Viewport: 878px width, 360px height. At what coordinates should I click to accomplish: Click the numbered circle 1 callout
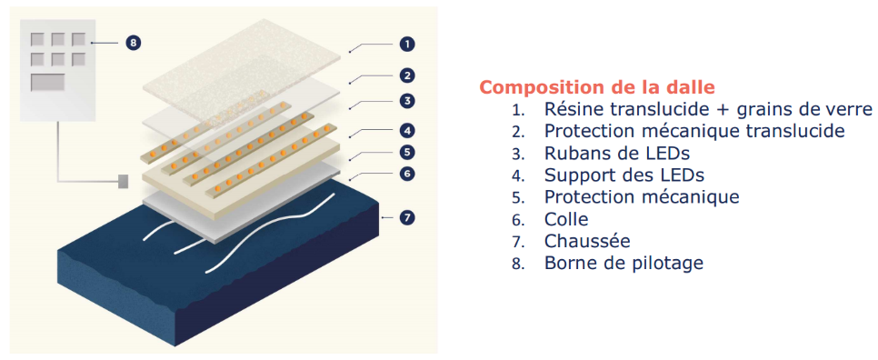click(x=407, y=44)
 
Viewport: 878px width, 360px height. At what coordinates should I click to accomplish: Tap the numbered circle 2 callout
click(x=407, y=75)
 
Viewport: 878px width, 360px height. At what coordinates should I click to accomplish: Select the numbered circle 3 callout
click(x=407, y=101)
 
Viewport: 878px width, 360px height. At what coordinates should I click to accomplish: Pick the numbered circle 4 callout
click(x=407, y=131)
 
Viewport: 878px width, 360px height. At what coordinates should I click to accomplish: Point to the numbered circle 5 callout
click(x=407, y=152)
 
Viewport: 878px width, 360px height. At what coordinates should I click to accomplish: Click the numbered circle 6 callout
click(x=407, y=174)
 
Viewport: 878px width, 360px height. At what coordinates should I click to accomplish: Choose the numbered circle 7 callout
click(x=407, y=217)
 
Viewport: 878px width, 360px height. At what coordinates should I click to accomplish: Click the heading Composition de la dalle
click(x=597, y=88)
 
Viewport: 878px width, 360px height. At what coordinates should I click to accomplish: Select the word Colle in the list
click(x=566, y=219)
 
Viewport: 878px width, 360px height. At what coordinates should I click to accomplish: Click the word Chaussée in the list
click(x=587, y=241)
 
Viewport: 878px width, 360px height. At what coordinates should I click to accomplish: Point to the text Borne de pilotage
click(x=624, y=263)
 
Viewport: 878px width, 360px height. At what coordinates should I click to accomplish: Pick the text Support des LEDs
click(x=624, y=175)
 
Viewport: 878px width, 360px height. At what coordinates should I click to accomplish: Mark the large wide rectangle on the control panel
click(x=47, y=83)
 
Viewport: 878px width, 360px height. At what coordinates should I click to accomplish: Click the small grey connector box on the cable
click(x=124, y=181)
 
